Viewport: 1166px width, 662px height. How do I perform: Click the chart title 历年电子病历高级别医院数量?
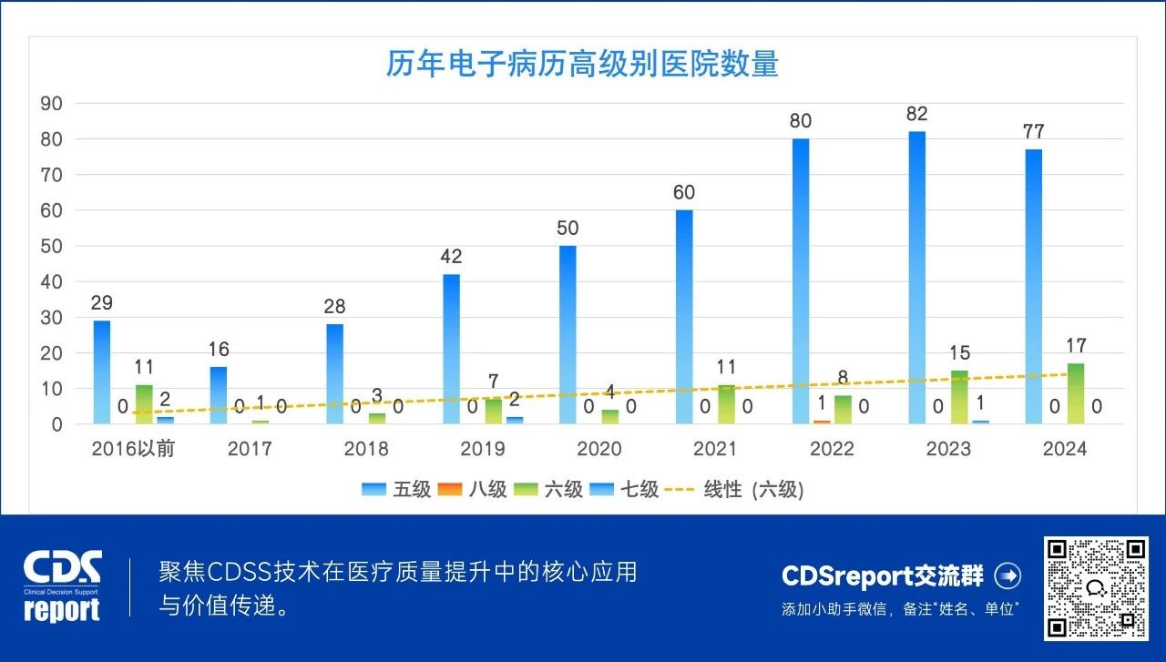582,65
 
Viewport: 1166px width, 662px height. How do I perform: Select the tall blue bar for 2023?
916,278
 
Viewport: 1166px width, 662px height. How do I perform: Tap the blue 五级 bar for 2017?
219,395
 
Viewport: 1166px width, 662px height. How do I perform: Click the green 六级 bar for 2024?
1075,393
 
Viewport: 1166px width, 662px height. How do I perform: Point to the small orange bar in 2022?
822,422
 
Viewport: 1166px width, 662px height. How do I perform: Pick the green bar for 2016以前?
144,404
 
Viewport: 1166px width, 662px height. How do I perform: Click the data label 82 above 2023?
916,114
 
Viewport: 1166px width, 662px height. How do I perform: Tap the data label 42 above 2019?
451,257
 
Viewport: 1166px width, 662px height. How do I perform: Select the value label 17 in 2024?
1075,346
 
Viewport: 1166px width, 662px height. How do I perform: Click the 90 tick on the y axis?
51,104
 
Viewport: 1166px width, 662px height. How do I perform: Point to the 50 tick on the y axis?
51,246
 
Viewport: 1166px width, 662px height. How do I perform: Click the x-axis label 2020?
599,449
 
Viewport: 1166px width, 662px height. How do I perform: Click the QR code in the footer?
1095,587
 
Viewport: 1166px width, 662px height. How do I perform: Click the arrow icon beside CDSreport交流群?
1007,575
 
